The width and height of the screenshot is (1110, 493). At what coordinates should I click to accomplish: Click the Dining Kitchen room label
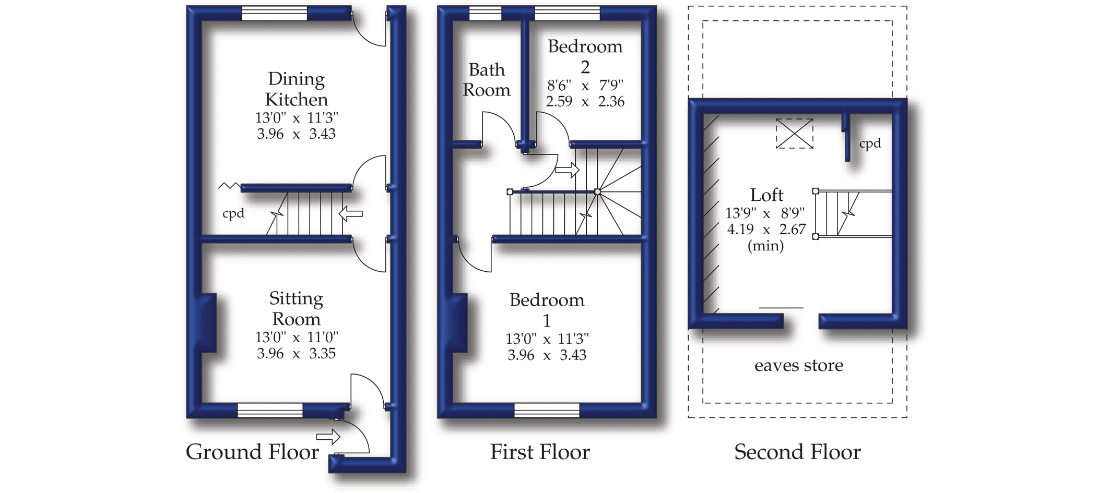pos(296,89)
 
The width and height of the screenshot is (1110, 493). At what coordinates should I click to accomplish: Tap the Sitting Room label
pos(296,308)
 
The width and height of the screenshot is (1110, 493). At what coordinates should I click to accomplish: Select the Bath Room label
pos(486,80)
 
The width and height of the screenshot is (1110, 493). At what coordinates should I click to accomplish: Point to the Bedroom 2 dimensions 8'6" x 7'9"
pos(585,85)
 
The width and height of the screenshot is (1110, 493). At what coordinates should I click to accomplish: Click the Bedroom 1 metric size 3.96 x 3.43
pos(547,355)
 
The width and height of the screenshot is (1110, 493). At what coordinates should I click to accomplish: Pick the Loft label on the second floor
pos(766,195)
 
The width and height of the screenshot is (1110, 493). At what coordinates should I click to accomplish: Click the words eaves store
pos(798,365)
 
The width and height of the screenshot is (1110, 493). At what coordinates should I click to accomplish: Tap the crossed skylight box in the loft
pos(794,134)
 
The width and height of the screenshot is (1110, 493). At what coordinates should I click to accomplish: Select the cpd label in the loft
pos(870,143)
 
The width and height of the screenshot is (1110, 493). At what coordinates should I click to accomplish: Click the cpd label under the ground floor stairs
pos(233,213)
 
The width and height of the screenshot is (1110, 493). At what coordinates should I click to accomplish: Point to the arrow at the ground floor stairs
pos(351,213)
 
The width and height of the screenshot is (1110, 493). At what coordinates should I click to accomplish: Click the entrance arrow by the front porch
pos(328,436)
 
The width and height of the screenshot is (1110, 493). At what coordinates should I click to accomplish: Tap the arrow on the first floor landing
pos(567,170)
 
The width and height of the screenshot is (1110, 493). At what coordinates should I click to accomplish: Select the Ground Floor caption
pos(252,452)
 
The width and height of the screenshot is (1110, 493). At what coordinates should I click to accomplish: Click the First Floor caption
pos(539,452)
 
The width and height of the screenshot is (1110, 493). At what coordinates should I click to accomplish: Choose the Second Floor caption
pos(797,452)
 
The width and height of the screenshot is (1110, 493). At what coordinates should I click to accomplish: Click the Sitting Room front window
pos(270,410)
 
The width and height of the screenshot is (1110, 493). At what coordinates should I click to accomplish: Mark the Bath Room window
pos(485,14)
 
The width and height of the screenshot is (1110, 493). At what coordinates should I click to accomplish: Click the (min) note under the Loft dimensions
pos(765,246)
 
